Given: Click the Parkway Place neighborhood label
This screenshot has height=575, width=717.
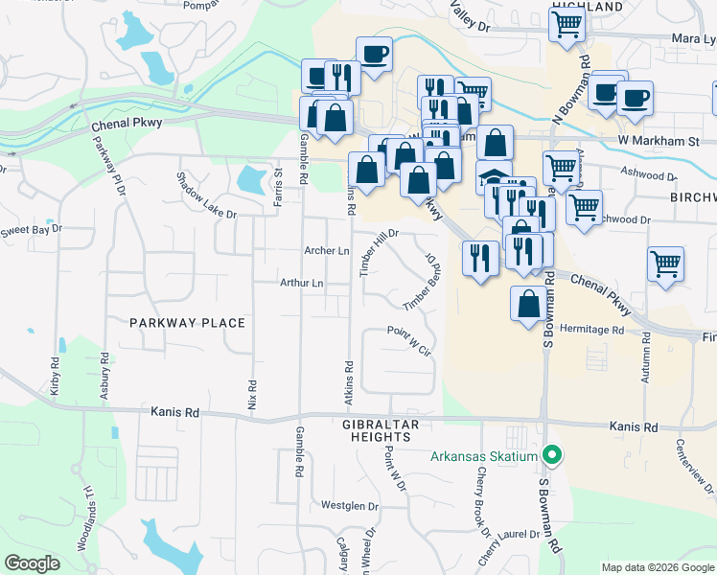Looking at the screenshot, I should point(188,323).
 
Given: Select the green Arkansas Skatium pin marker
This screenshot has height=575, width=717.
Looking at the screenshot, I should point(551,455).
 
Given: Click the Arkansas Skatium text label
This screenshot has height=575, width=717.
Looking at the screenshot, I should point(484,456).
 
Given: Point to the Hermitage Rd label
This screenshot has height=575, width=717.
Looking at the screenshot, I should point(590,329).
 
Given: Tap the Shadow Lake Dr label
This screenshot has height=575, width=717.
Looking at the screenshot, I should point(205,195).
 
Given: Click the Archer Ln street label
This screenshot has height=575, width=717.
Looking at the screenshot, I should point(327,251).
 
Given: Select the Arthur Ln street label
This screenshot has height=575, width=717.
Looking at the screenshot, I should point(301,284).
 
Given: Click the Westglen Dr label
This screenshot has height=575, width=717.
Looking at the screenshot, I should point(346,505).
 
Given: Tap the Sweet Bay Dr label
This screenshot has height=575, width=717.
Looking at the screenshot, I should point(31,231).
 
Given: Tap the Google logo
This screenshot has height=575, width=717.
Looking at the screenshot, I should point(32,564).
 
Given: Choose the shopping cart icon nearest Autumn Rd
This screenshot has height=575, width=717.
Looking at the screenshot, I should point(665,264).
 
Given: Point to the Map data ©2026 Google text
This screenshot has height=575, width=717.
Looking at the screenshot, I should point(658,567).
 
